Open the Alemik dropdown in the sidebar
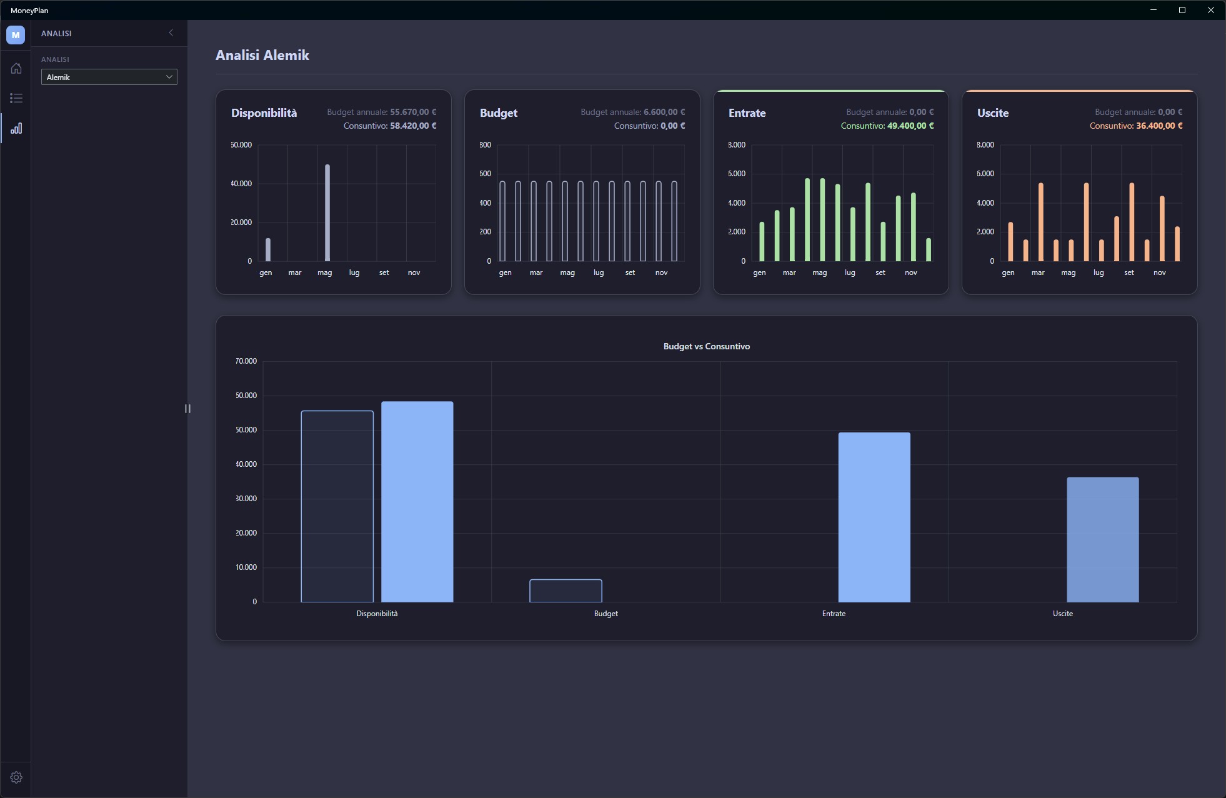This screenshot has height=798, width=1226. coord(109,77)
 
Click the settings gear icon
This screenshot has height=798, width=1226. coord(16,777)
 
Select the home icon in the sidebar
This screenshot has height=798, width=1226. coord(16,68)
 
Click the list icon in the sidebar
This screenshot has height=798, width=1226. coord(16,98)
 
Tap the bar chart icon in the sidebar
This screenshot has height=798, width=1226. coord(16,128)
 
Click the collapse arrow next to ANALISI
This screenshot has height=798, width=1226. coord(171,32)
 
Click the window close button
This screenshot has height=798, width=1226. coord(1210,10)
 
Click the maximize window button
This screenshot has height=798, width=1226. coord(1182,10)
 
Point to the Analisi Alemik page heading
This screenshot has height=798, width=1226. coord(262,55)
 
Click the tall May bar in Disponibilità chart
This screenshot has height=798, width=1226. coord(327,212)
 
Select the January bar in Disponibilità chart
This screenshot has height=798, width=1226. coord(268,249)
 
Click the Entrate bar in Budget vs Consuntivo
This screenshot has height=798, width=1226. coord(874,517)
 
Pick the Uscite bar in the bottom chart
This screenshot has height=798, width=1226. coord(1103,540)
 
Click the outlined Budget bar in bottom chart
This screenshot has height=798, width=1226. coord(566,591)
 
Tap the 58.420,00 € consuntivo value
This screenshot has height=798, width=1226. coord(413,126)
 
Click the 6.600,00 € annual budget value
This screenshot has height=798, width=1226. coord(664,112)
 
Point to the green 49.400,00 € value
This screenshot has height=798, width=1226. coord(910,126)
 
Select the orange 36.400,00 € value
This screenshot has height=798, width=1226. coord(1159,126)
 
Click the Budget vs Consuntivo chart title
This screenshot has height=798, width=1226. coord(707,346)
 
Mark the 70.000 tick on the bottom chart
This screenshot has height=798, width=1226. coord(246,361)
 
